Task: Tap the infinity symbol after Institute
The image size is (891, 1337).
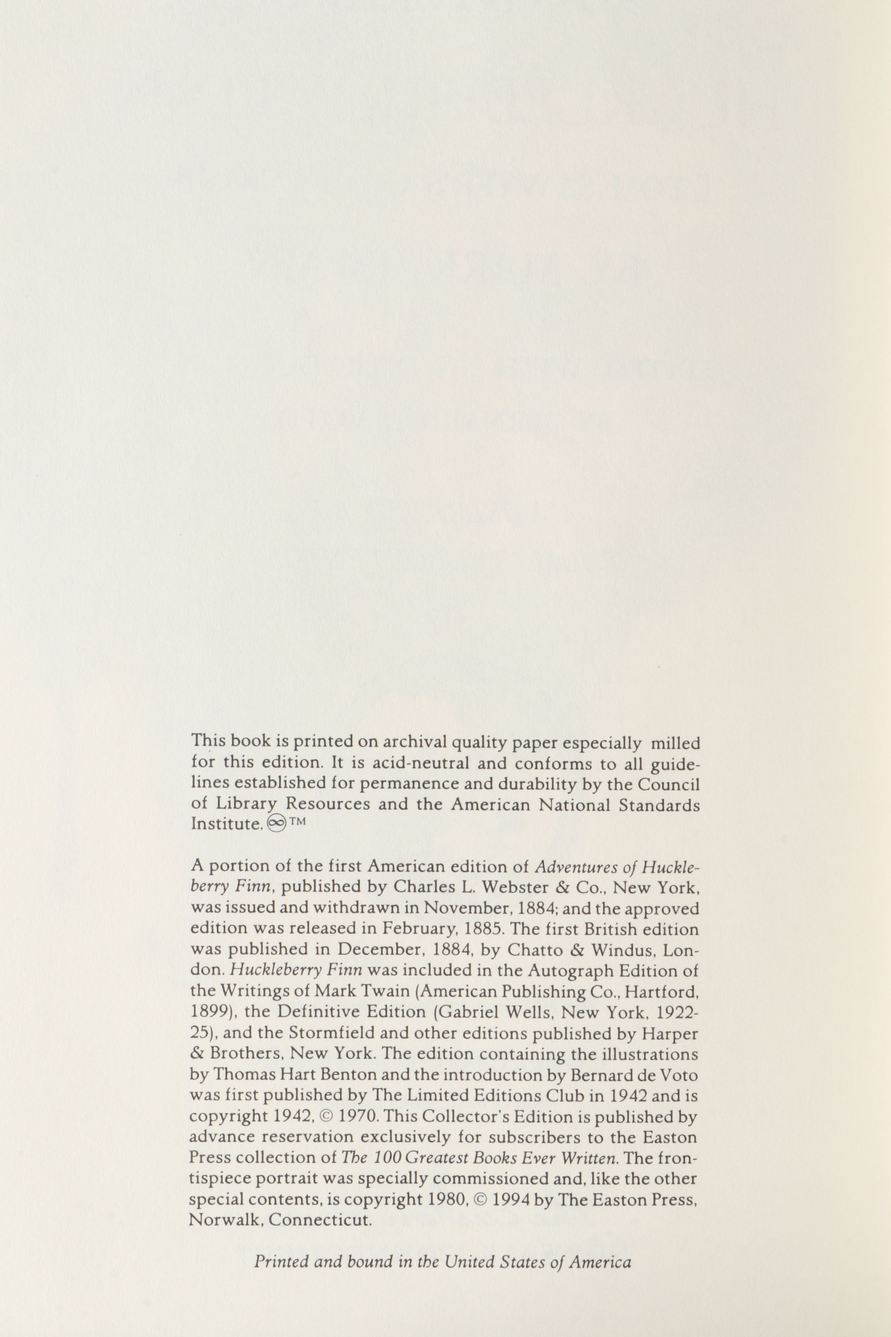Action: pyautogui.click(x=274, y=825)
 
